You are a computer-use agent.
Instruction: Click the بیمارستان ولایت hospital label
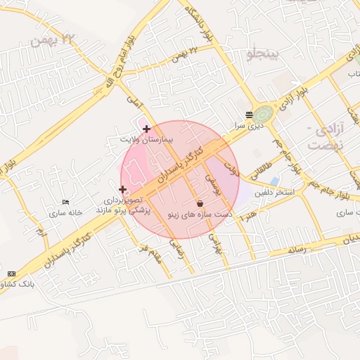point(146,140)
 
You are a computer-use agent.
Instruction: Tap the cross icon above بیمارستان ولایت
point(146,129)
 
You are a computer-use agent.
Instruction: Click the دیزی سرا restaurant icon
point(249,115)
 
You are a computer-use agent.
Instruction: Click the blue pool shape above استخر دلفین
point(274,181)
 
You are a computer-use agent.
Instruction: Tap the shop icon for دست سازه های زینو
point(200,202)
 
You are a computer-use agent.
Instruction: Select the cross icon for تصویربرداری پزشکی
point(123,189)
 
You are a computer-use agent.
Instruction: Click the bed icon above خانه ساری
point(66,202)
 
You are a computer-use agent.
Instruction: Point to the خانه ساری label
point(66,212)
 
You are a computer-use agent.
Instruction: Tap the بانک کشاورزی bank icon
point(11,273)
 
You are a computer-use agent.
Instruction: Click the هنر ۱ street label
point(247,215)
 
